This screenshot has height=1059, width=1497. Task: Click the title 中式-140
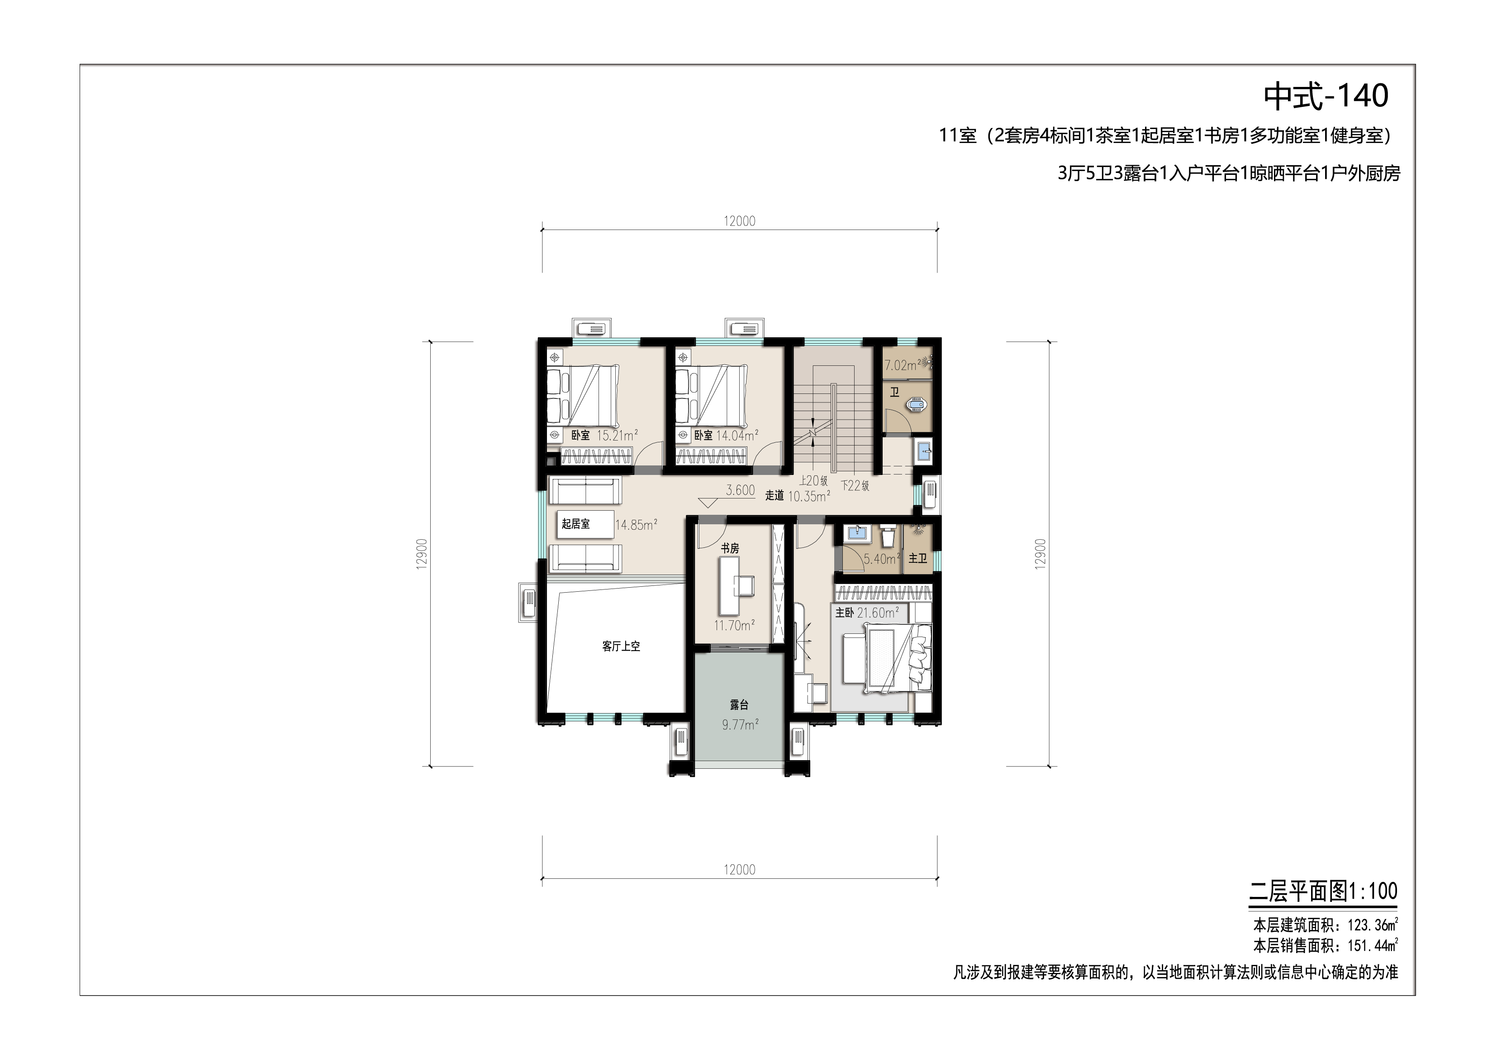tap(1326, 96)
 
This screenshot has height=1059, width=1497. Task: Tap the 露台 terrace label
tap(739, 704)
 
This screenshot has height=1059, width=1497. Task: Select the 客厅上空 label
tap(621, 646)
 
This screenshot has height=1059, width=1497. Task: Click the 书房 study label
tap(730, 548)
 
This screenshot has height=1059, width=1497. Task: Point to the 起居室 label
tap(576, 523)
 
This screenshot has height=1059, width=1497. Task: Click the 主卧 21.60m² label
tap(867, 613)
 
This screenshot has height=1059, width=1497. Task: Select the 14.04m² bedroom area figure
tap(737, 435)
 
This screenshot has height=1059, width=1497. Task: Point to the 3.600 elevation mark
tap(741, 490)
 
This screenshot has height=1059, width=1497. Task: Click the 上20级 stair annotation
tap(814, 481)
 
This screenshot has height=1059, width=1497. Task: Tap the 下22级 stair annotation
tap(855, 485)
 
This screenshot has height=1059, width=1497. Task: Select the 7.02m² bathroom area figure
tap(903, 365)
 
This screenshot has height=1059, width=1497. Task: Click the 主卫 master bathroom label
tap(918, 559)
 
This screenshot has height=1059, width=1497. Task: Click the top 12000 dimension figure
tap(739, 221)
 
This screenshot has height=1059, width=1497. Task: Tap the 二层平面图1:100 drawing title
tap(1323, 891)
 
